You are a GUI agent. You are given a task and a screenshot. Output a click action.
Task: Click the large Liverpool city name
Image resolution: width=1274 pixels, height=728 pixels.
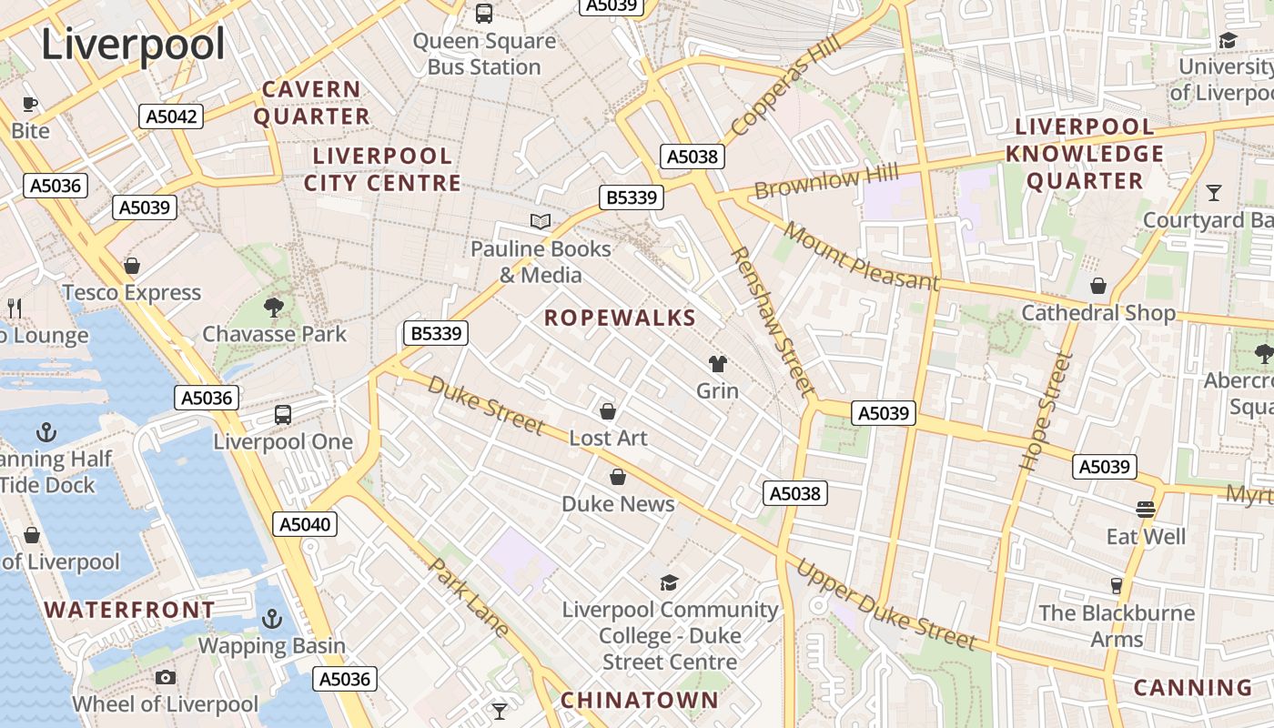[133, 45]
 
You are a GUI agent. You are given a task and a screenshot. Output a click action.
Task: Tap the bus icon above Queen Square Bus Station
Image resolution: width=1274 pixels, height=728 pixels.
[484, 14]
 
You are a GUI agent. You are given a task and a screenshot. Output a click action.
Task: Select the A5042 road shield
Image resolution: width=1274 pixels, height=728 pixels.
[170, 116]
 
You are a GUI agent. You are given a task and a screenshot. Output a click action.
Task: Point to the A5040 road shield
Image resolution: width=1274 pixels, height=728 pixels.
[305, 524]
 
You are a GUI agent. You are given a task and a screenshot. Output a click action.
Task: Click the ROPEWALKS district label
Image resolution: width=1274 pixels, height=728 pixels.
[620, 318]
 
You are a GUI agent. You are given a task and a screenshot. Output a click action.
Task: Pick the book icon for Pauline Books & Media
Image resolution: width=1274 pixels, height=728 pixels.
[541, 221]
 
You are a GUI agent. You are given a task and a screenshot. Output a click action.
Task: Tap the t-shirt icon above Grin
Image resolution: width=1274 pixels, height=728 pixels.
[718, 364]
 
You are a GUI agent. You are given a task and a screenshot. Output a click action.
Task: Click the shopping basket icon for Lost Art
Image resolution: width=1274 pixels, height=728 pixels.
[608, 411]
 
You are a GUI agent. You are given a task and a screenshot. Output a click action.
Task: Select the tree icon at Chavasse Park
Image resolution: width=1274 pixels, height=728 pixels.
[273, 308]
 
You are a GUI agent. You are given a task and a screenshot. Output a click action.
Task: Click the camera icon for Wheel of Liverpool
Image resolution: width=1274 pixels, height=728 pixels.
[165, 677]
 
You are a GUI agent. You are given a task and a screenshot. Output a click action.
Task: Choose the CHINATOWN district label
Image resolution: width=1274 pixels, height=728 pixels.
[639, 700]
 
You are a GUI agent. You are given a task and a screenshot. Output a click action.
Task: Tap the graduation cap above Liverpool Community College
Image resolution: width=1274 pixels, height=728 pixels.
[669, 582]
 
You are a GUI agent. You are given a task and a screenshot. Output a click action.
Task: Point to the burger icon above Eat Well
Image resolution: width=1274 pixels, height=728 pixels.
[1145, 510]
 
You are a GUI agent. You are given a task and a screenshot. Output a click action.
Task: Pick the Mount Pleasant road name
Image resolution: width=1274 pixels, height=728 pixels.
[860, 256]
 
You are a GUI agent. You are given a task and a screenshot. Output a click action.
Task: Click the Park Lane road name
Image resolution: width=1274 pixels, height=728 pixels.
[469, 596]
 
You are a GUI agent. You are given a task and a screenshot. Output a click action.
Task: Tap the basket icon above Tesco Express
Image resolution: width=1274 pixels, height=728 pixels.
[132, 266]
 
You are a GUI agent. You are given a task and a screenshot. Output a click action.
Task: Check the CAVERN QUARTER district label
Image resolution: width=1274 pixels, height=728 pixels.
[311, 103]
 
